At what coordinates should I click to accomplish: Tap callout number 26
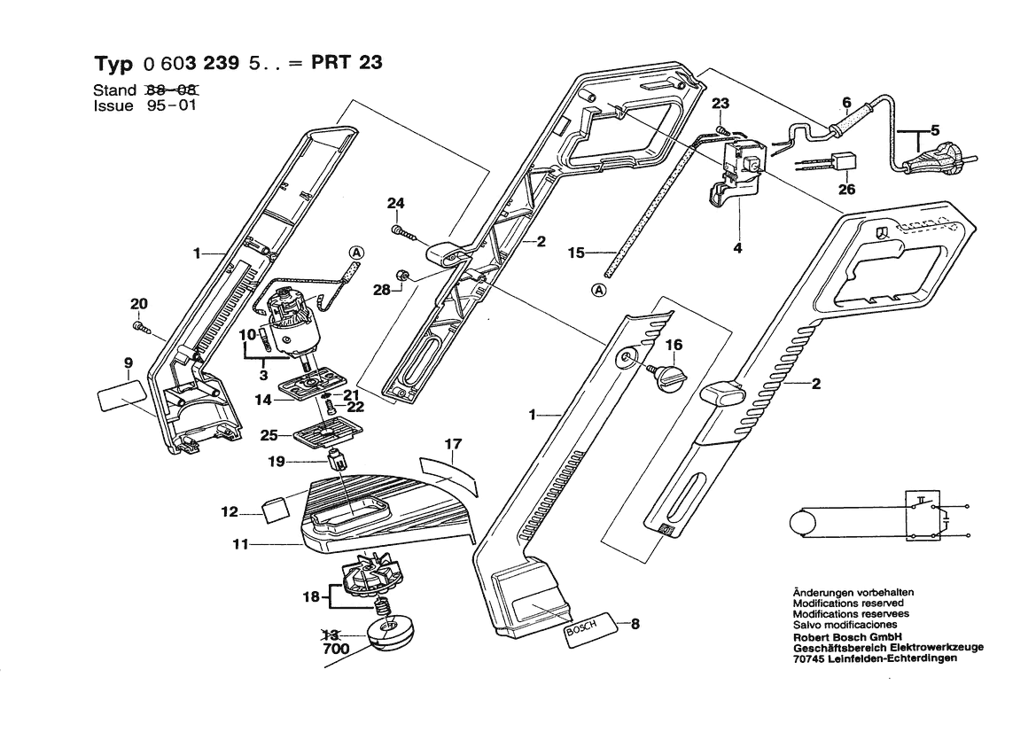(846, 190)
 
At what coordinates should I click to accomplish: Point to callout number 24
(395, 204)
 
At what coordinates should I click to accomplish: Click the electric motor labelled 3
(292, 326)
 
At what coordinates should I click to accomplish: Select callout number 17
(453, 444)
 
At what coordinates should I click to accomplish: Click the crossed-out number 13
(331, 635)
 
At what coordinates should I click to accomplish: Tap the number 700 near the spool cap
(336, 649)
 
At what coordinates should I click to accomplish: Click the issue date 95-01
(172, 105)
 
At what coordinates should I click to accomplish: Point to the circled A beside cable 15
(598, 290)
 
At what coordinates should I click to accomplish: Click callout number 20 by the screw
(139, 304)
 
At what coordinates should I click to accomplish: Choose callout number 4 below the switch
(737, 248)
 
